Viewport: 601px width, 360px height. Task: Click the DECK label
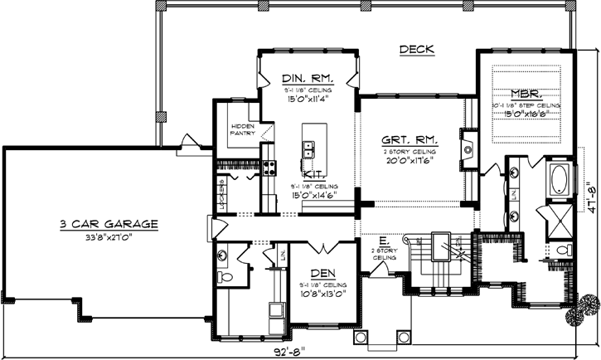click(417, 50)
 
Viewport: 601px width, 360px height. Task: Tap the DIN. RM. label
click(308, 75)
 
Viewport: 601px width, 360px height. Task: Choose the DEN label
click(322, 274)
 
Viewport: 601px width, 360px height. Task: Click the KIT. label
click(313, 175)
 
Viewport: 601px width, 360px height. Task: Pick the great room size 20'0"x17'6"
click(410, 163)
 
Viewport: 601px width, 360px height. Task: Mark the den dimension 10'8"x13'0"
click(322, 293)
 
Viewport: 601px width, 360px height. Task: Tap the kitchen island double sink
click(308, 150)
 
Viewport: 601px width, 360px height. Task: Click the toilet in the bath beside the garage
click(224, 276)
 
